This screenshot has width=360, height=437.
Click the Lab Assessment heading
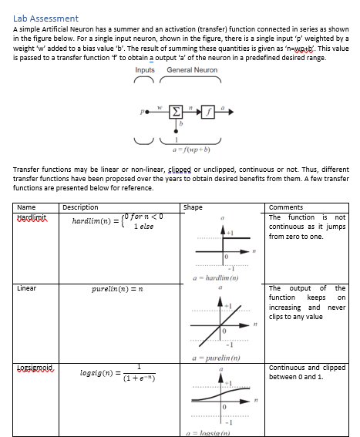tap(46, 18)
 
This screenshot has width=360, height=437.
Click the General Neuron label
tap(192, 70)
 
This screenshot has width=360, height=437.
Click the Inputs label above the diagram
tap(145, 70)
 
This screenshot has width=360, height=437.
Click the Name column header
tap(26, 207)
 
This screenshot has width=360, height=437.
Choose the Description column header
tap(80, 207)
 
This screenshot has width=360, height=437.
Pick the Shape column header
tap(193, 207)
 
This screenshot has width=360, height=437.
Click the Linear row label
tap(27, 288)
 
